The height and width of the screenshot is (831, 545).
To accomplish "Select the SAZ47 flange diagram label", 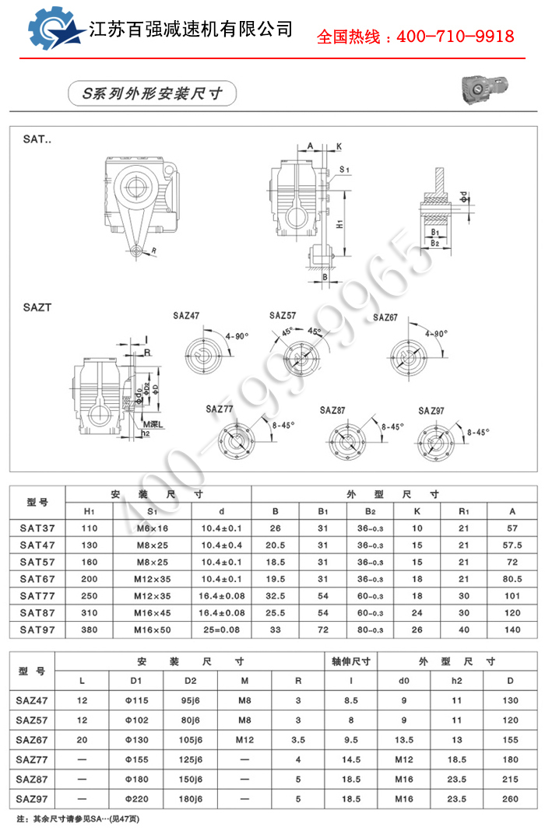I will (186, 316).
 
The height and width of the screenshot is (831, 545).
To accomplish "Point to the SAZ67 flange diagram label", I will (385, 317).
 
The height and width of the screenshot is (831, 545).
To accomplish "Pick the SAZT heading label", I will (37, 307).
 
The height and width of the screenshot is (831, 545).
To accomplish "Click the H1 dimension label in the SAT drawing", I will (339, 223).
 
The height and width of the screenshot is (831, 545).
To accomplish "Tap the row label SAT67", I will (37, 579).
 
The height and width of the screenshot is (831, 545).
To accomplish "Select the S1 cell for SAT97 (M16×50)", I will (152, 629).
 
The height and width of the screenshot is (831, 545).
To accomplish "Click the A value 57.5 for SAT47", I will (512, 545).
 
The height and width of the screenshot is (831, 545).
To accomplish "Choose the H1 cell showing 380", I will (90, 629).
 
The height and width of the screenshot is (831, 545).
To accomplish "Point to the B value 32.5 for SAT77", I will (275, 595).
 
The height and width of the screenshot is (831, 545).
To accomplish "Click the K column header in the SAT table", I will (417, 511).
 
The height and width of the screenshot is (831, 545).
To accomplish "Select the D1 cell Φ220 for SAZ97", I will (135, 798).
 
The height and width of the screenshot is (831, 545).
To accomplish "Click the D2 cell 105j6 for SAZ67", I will (190, 739).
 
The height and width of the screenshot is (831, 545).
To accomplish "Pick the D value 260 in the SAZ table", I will (510, 798).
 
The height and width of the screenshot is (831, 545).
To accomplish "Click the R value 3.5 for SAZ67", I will (297, 739).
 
